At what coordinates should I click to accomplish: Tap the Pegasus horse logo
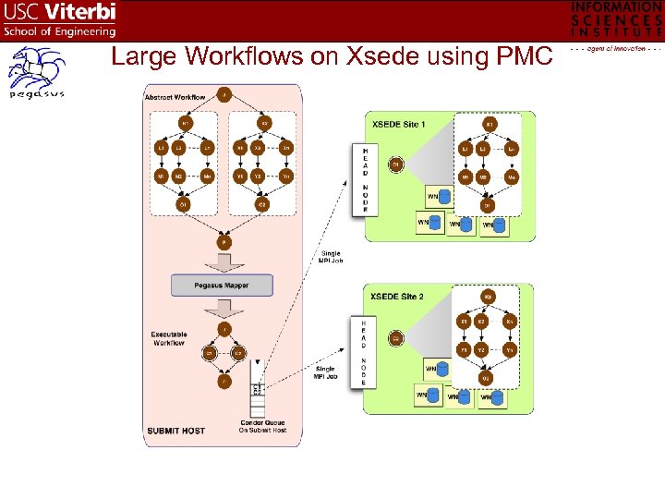[x=36, y=71]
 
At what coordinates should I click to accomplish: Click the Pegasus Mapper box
[x=222, y=286]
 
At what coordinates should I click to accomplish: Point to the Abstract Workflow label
[x=175, y=97]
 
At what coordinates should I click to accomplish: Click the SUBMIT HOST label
[x=175, y=431]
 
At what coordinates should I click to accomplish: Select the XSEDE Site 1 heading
[x=398, y=124]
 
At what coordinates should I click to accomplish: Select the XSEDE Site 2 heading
[x=397, y=297]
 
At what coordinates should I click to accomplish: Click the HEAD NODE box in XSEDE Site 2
[x=364, y=352]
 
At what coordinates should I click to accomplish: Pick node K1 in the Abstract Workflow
[x=186, y=124]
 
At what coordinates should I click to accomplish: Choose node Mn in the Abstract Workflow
[x=208, y=176]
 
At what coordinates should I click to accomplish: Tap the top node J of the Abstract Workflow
[x=224, y=93]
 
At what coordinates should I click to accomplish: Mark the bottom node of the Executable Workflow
[x=224, y=381]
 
